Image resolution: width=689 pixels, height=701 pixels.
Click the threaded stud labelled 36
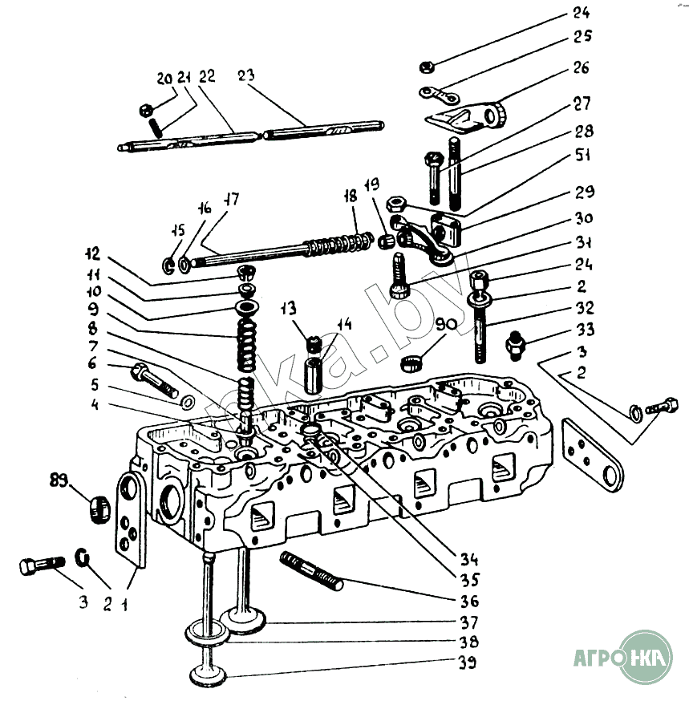click(311, 570)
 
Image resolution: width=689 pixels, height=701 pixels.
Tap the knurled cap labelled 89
click(99, 509)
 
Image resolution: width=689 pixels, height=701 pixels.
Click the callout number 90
click(446, 325)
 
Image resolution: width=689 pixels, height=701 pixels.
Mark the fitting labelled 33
click(514, 346)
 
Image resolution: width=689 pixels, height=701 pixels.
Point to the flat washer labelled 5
click(187, 401)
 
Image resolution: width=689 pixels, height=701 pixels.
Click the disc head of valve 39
click(209, 677)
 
